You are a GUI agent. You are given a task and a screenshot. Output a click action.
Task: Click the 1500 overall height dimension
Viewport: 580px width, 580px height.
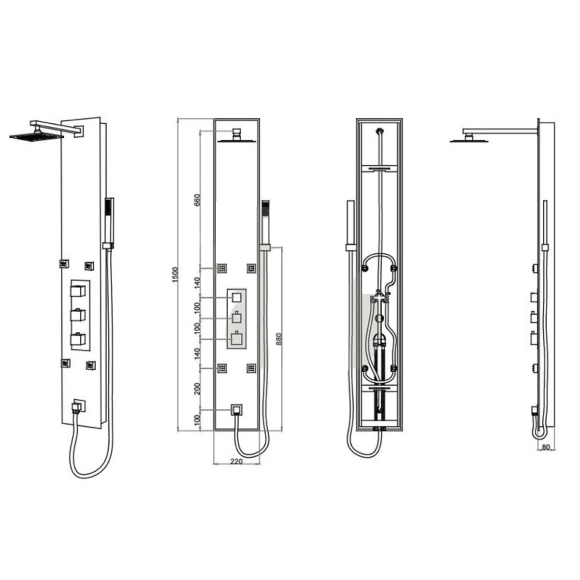(176, 274)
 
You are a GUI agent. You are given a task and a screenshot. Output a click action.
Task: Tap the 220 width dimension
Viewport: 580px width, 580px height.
(236, 462)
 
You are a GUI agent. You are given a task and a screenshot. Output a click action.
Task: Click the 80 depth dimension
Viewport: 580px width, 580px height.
(546, 447)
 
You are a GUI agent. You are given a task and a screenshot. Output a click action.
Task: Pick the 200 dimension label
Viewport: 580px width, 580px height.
(197, 388)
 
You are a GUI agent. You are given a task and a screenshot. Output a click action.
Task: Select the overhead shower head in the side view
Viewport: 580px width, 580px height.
(468, 140)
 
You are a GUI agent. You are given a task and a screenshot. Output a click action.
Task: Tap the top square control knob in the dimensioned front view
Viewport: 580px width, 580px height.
(236, 297)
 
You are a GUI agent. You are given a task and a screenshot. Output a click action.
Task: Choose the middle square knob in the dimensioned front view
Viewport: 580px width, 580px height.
(236, 319)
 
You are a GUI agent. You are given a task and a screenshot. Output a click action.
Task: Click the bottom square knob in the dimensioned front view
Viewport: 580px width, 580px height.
(236, 339)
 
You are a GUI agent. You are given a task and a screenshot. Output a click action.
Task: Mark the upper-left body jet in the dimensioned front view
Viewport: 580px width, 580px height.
(222, 268)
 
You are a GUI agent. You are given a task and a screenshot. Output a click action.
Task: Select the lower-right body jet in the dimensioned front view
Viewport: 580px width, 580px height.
(251, 369)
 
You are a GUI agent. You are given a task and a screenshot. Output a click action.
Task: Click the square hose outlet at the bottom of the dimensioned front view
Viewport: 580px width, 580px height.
(236, 410)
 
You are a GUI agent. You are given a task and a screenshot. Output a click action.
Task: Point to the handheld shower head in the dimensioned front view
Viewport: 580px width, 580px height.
(265, 210)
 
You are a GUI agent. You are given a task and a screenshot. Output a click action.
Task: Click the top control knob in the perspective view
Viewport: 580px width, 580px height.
(78, 291)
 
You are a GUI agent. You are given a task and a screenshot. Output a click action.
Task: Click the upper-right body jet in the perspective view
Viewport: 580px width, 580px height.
(89, 265)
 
